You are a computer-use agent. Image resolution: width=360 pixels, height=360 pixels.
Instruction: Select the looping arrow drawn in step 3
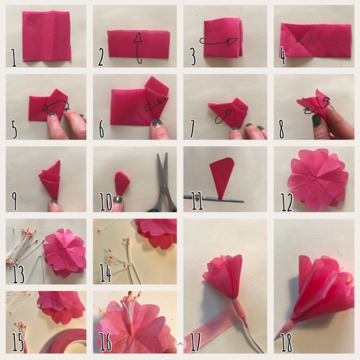[219, 42]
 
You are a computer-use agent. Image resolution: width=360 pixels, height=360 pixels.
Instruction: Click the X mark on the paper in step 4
[300, 42]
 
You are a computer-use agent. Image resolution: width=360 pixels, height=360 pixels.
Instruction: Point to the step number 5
[14, 129]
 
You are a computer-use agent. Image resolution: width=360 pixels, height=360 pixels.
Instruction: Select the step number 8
[282, 130]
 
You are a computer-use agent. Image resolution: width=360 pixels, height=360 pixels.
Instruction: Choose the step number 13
[18, 274]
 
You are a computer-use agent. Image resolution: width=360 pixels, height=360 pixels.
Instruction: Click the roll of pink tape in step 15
[65, 341]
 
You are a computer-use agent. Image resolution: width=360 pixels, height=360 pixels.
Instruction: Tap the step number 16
[105, 342]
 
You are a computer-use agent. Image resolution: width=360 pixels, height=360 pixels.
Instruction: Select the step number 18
[287, 342]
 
